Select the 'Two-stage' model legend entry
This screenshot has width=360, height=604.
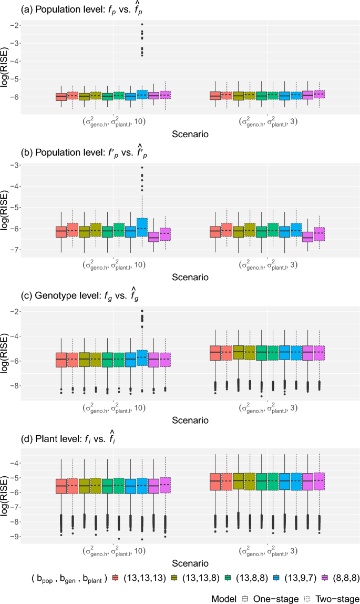tap(330, 599)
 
